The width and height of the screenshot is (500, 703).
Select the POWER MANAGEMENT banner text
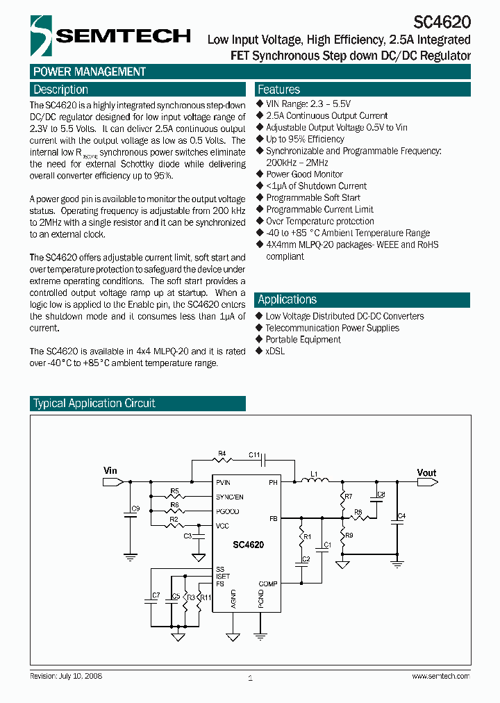coord(90,72)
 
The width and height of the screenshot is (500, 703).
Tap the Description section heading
coord(61,90)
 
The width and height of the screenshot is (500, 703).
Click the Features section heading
coord(278,90)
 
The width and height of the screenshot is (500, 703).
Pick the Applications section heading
coord(287,299)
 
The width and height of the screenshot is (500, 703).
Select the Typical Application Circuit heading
coord(94,404)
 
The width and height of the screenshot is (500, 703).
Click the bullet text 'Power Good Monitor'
coord(304,174)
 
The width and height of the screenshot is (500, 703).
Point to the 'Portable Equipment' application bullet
coord(303,340)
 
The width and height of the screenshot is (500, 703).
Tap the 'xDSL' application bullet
coord(275,351)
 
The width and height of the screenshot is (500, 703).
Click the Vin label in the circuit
coord(110,471)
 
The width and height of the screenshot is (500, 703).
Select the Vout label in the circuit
coord(426,473)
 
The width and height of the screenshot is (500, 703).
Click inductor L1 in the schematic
coord(314,481)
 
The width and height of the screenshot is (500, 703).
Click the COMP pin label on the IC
coord(268,584)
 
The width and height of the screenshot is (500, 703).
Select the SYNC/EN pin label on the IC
coord(230,497)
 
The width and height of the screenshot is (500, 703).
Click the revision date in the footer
coord(66,676)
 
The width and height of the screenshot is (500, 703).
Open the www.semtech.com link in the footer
coord(440,676)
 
